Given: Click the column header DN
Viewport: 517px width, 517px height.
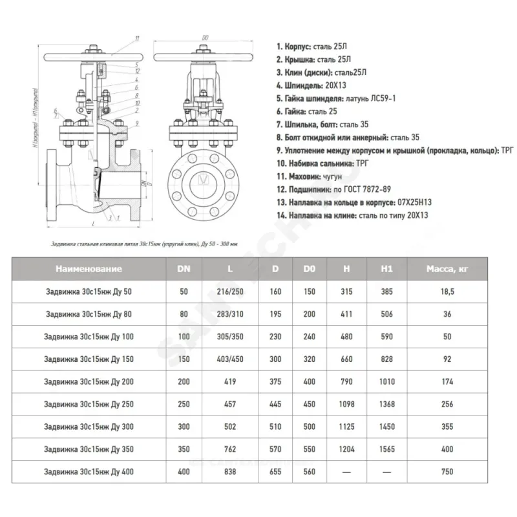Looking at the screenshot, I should (x=184, y=268).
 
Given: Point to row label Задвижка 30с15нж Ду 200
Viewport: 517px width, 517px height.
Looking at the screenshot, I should (x=89, y=382).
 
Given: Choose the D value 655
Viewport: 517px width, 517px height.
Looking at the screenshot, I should (x=275, y=472).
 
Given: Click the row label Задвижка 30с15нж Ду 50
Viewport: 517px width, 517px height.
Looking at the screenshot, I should (x=89, y=291).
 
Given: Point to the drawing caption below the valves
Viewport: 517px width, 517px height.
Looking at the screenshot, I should (x=144, y=244).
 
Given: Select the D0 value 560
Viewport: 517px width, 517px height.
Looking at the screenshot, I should (x=309, y=472).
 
